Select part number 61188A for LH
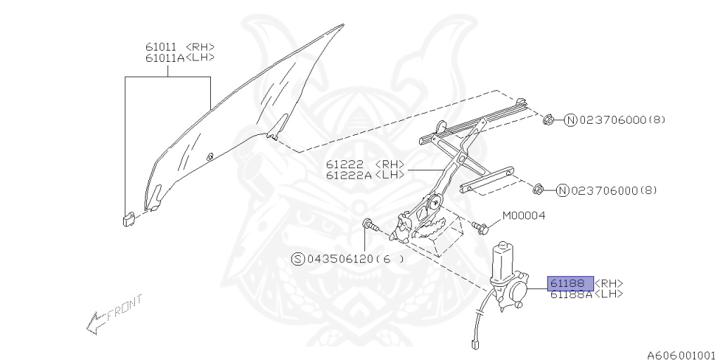pyautogui.click(x=572, y=294)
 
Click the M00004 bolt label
pyautogui.click(x=523, y=216)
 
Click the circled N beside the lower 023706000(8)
pyautogui.click(x=562, y=191)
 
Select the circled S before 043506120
pyautogui.click(x=298, y=259)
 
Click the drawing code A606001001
pyautogui.click(x=681, y=355)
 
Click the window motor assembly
pyautogui.click(x=509, y=278)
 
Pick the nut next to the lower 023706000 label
pyautogui.click(x=539, y=189)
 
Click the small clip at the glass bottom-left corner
pyautogui.click(x=128, y=219)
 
